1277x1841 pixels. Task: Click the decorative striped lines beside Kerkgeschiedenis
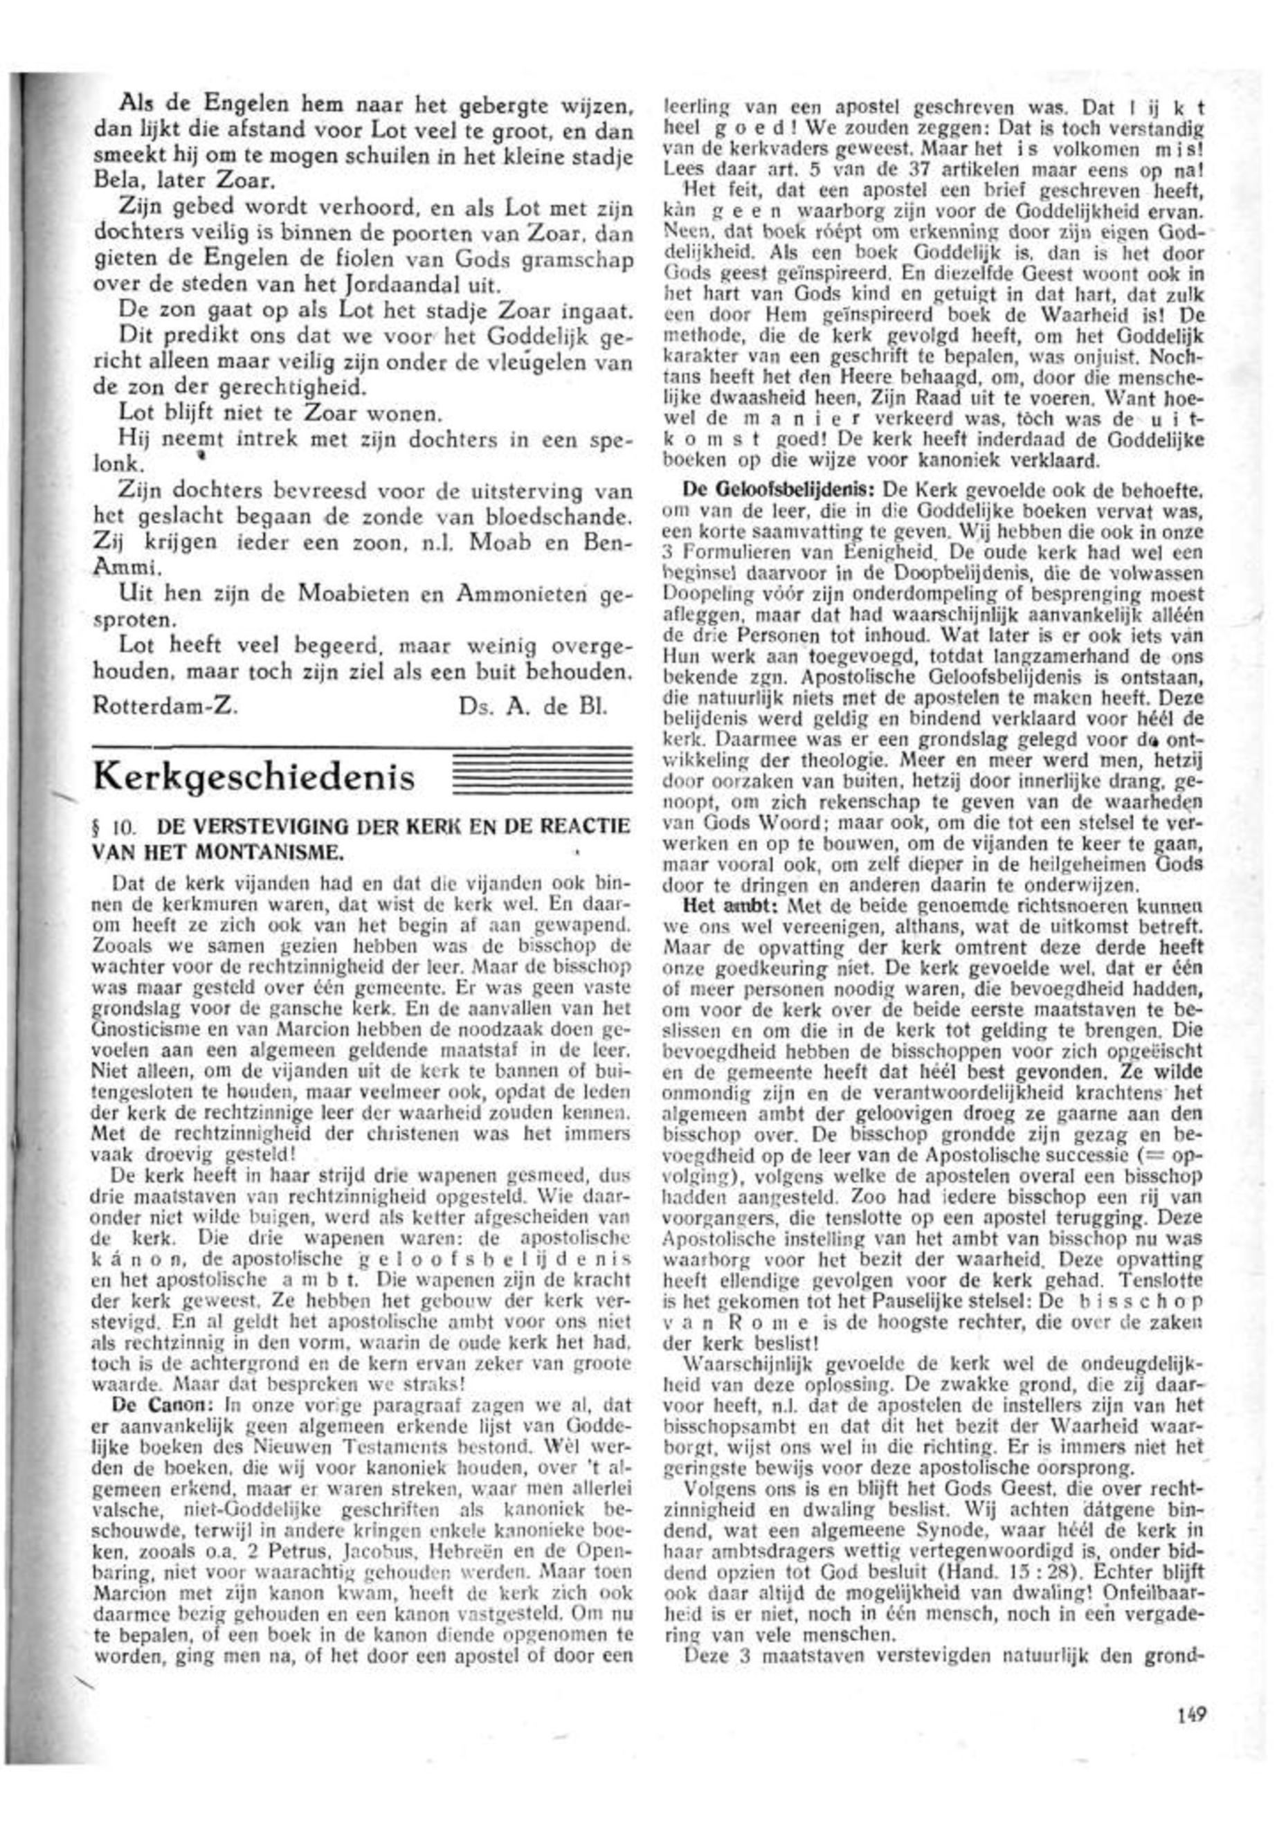pyautogui.click(x=541, y=772)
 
